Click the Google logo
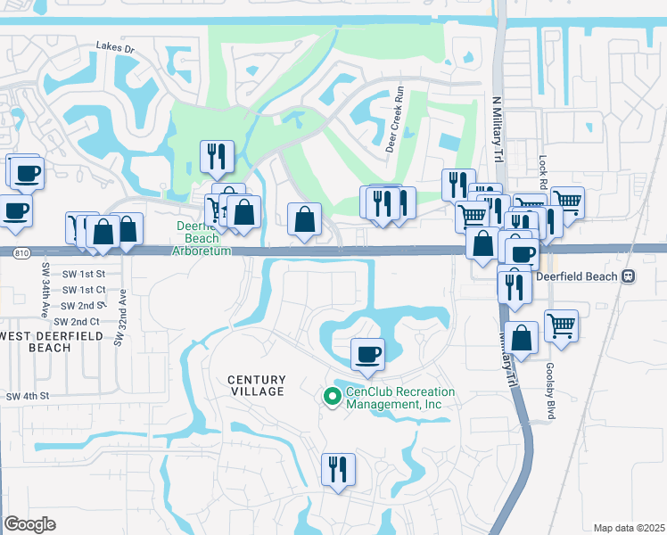click(29, 524)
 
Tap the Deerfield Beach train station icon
click(629, 276)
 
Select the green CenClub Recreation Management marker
click(333, 397)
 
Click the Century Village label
click(255, 385)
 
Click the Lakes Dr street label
click(115, 47)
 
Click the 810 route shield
click(21, 253)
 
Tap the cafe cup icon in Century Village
click(367, 355)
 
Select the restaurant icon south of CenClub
click(339, 469)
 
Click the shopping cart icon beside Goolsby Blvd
click(561, 325)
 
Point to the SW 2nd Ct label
click(76, 321)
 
